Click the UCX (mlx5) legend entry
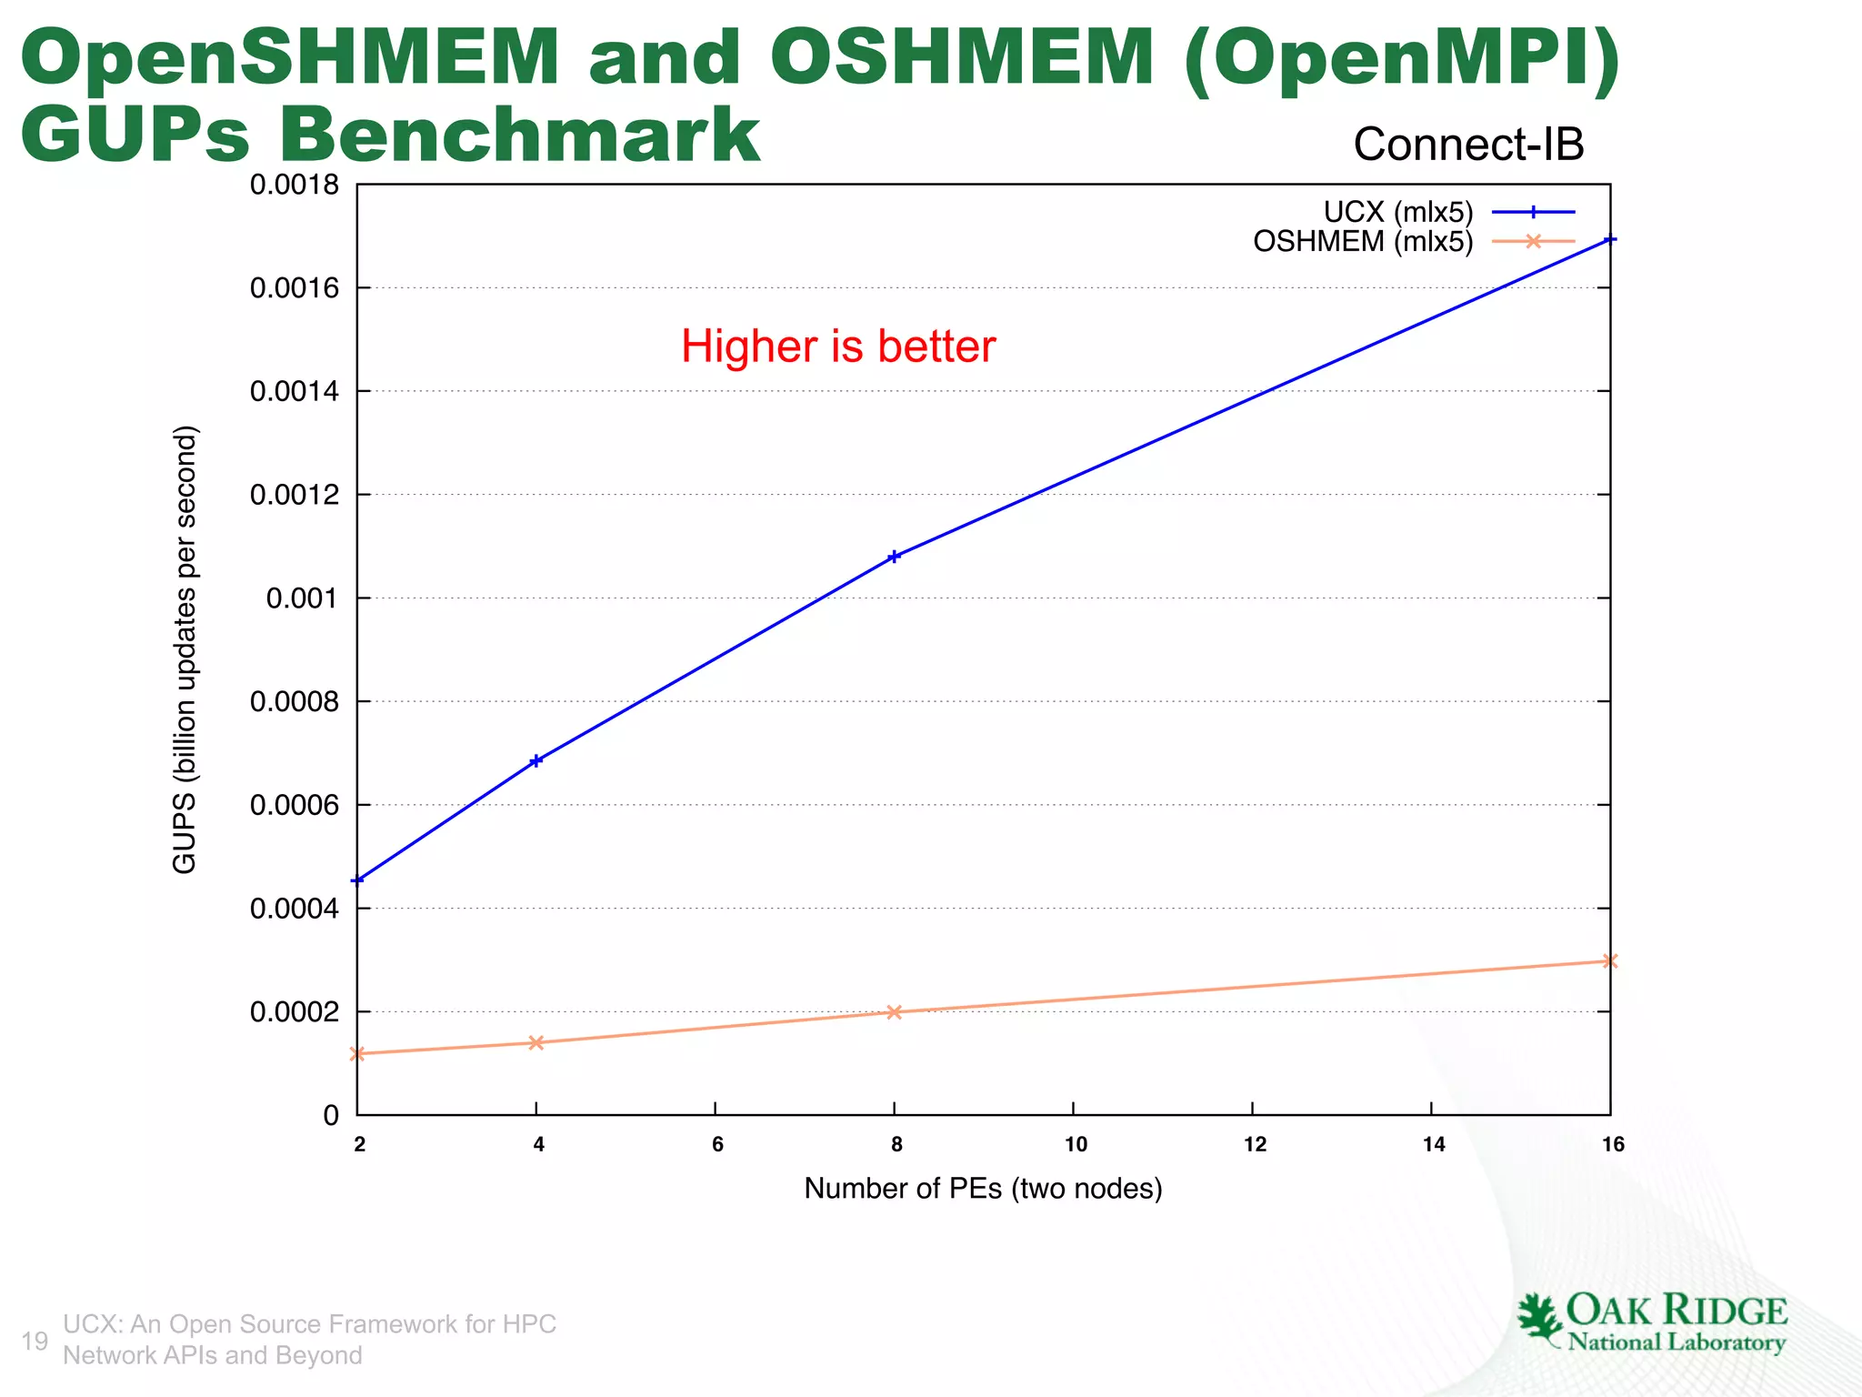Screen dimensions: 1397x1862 1397,212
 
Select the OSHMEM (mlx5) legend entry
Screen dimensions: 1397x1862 1363,241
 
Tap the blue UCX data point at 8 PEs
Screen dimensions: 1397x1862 894,557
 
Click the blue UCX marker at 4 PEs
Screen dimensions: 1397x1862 536,761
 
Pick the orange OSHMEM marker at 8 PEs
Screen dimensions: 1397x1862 894,1011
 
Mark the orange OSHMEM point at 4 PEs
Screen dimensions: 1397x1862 536,1042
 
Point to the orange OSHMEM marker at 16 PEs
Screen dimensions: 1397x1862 1609,960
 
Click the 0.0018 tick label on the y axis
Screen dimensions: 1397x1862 294,185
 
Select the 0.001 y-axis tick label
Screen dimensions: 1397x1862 302,598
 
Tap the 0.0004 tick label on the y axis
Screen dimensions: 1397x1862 294,909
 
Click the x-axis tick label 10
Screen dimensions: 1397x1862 1076,1144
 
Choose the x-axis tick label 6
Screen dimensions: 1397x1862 717,1144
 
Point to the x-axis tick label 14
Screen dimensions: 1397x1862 1434,1144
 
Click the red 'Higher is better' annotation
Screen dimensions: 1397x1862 838,347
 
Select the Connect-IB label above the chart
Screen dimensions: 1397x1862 1468,144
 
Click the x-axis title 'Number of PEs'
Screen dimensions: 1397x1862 983,1189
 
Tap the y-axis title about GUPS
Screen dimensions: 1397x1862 185,649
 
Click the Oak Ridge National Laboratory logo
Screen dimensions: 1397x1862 1651,1323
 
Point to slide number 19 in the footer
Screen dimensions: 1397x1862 35,1341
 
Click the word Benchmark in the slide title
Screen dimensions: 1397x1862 518,135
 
